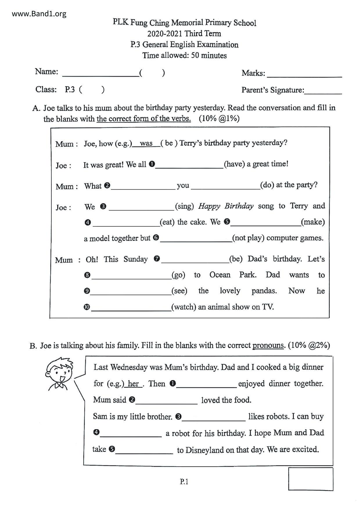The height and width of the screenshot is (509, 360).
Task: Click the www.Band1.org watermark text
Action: point(39,14)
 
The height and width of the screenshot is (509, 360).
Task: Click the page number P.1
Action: point(184,482)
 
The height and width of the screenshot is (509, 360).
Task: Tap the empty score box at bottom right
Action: point(311,479)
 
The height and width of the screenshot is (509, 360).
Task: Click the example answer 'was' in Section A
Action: point(146,143)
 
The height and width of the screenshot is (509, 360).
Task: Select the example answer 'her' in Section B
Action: point(133,384)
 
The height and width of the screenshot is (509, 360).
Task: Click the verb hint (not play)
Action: point(248,238)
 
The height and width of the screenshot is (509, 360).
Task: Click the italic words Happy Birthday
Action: point(226,206)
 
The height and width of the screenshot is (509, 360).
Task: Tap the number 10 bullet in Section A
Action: point(87,307)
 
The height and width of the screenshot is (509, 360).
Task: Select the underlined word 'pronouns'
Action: point(268,345)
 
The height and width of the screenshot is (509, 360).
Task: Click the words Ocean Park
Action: point(233,275)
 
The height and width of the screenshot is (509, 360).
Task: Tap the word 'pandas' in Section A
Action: point(264,291)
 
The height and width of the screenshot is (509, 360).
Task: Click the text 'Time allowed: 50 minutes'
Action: point(184,55)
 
